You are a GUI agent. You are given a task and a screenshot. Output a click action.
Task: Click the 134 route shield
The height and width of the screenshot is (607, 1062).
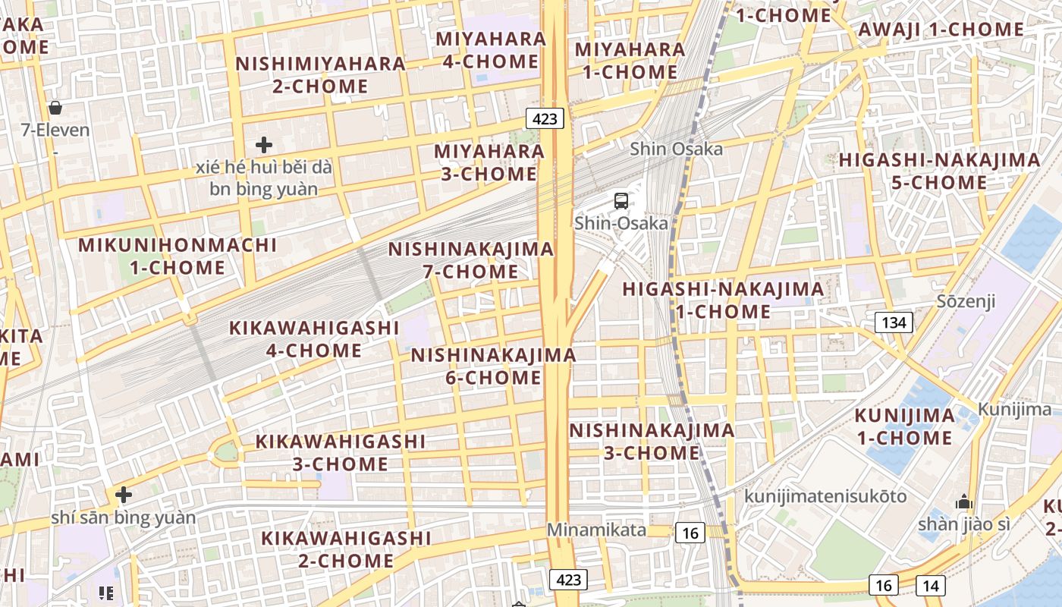point(894,322)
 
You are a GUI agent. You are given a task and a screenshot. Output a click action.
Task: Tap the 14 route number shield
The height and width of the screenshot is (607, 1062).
point(930,585)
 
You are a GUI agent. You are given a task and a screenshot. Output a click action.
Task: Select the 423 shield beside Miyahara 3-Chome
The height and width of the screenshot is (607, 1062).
point(545,118)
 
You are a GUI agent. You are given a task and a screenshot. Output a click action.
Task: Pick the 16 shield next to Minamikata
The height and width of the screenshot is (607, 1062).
point(690,533)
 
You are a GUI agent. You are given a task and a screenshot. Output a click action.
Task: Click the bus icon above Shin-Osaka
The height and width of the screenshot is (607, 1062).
point(621,201)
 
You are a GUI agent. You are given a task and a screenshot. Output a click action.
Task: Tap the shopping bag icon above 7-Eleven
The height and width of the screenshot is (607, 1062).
point(55,108)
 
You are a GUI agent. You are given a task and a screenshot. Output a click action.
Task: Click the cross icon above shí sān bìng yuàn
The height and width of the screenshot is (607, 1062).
point(123,495)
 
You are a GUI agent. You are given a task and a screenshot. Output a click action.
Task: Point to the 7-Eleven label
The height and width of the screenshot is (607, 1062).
point(55,130)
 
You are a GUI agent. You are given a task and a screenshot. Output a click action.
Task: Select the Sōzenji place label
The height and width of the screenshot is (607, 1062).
point(966,301)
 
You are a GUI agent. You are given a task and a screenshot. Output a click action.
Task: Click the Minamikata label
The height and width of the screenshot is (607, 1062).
point(596,530)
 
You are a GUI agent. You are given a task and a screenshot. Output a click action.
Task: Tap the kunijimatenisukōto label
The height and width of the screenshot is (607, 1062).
point(825,496)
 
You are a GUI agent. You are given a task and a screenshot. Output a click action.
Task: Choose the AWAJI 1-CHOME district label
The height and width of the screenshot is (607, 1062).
point(941,30)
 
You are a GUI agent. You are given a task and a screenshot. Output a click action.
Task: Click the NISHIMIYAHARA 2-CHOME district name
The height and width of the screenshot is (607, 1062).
point(320,74)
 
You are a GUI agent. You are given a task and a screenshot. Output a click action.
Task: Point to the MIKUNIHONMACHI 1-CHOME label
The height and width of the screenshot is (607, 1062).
point(178,256)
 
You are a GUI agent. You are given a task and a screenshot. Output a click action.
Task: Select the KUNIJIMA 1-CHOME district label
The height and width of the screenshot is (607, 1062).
point(904,426)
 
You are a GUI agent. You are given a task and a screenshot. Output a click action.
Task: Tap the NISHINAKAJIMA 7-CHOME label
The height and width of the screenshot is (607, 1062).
point(471,260)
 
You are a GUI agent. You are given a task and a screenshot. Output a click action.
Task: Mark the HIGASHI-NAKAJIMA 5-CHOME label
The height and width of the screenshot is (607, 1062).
point(939,171)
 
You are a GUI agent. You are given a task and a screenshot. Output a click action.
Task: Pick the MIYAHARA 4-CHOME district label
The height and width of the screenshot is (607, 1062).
point(491,50)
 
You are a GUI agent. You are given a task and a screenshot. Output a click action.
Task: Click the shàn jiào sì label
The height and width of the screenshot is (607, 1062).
point(963,524)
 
